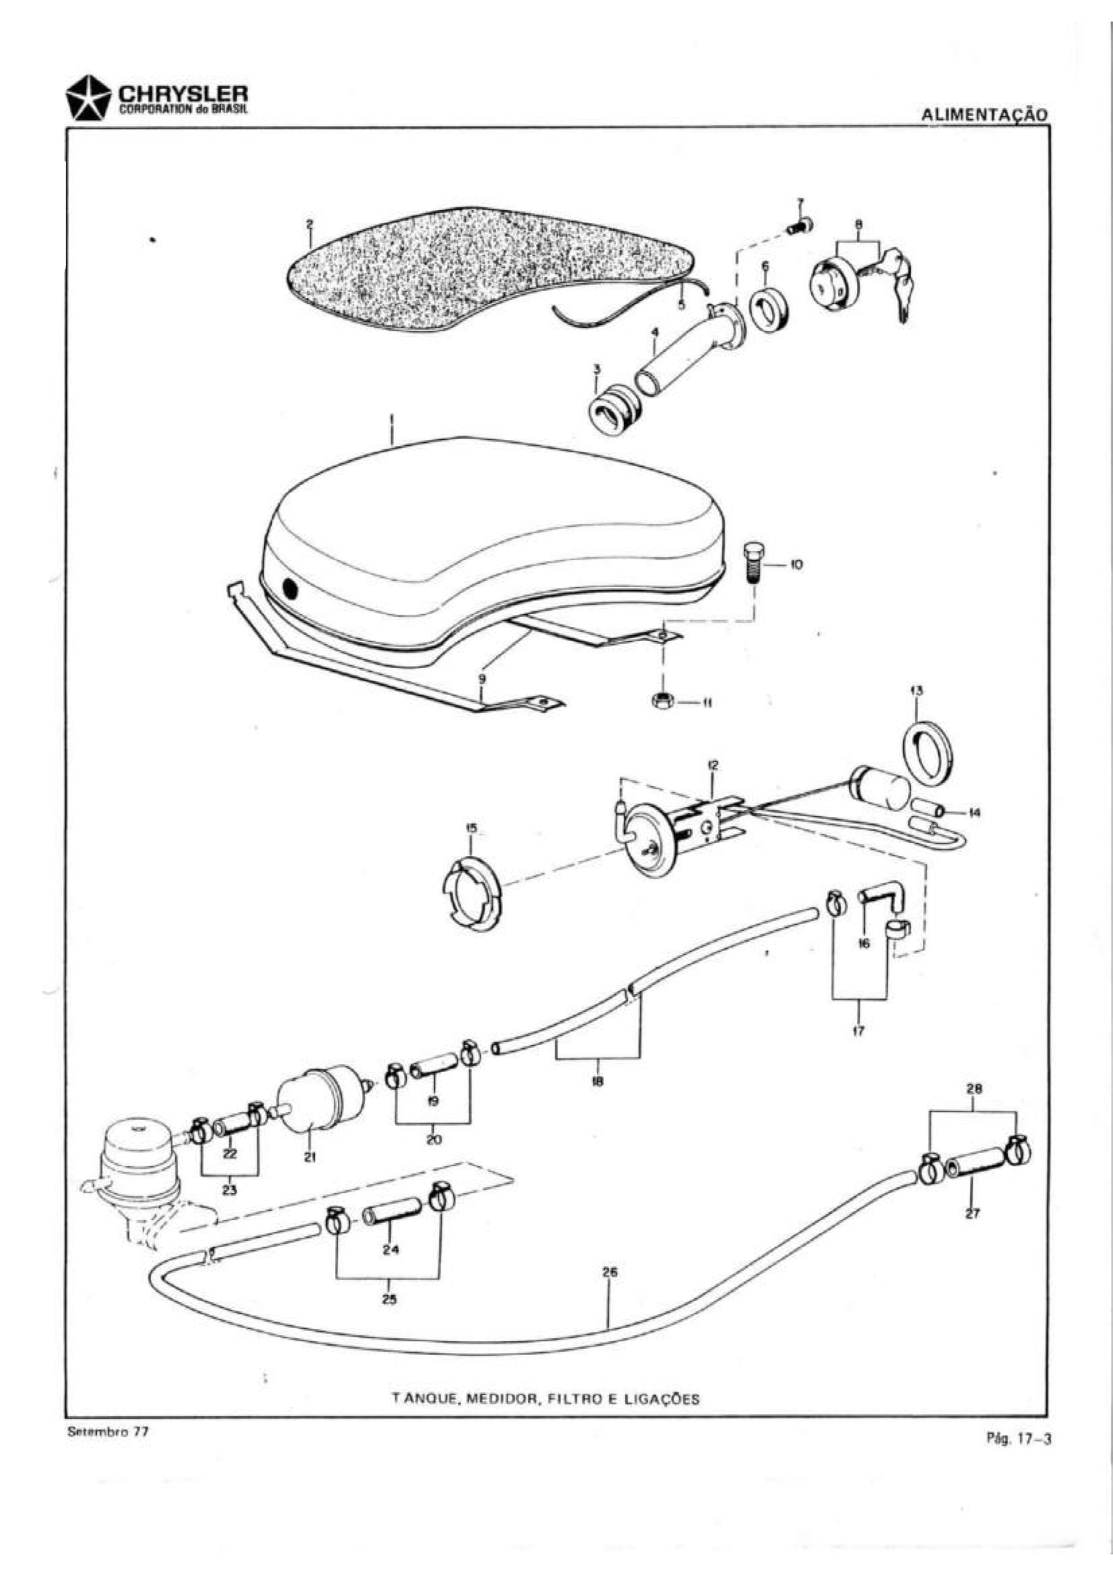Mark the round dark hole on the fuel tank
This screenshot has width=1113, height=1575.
(x=290, y=589)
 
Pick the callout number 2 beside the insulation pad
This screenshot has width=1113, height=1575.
(x=310, y=224)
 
